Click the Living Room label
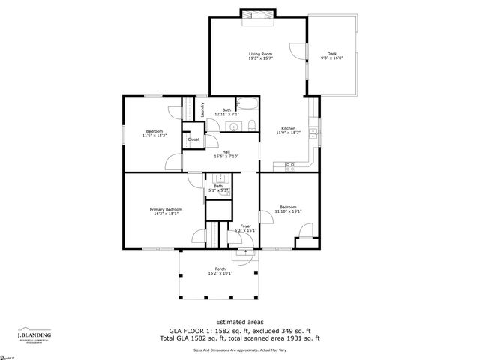260,54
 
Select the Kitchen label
289,128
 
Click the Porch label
220,268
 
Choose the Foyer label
245,226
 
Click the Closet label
193,139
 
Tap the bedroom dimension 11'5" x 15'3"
154,136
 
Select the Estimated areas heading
239,321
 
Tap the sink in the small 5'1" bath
220,178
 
